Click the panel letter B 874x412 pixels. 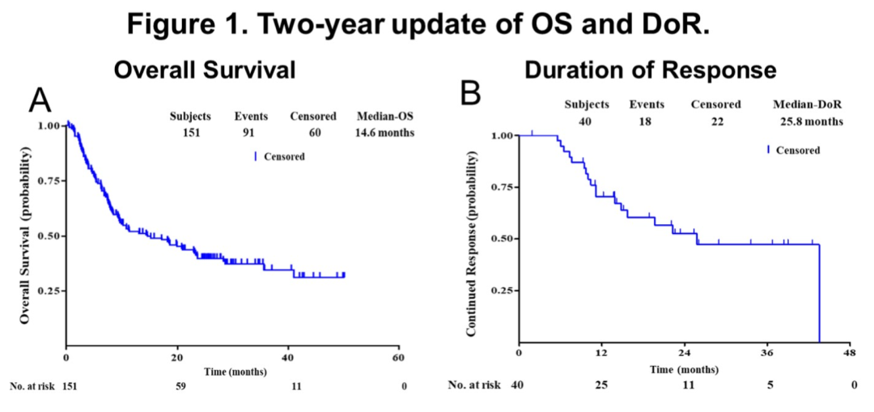(471, 95)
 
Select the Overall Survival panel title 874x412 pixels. (204, 70)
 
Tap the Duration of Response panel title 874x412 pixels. (650, 70)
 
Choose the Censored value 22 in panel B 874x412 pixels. (715, 121)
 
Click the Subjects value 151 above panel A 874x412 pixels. (192, 132)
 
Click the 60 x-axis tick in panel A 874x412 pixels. (398, 357)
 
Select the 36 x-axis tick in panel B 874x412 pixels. (769, 353)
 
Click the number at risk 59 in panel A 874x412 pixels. (181, 386)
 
